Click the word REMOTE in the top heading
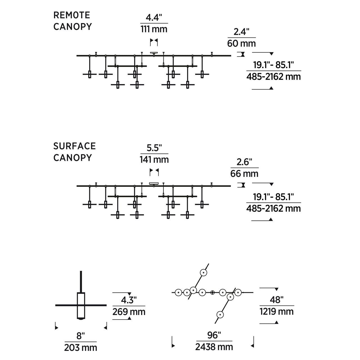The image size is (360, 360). (x=72, y=15)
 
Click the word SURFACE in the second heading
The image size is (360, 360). (x=75, y=146)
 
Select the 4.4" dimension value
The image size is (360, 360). (x=154, y=18)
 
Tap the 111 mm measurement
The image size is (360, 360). (x=154, y=29)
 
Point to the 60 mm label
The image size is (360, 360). (x=242, y=43)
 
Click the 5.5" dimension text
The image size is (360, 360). (x=154, y=148)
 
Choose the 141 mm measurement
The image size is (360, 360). (x=154, y=159)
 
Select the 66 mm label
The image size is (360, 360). (x=244, y=174)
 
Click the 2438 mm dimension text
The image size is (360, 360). (x=214, y=347)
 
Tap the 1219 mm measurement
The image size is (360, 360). (x=277, y=312)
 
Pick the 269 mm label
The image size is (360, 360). (x=129, y=312)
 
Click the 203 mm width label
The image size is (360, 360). (x=80, y=348)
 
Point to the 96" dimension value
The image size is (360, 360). (x=214, y=335)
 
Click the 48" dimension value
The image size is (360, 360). (x=276, y=300)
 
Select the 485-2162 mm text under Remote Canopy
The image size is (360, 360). (x=273, y=76)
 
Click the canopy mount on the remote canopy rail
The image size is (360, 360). (x=154, y=53)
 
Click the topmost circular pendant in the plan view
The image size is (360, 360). (x=203, y=273)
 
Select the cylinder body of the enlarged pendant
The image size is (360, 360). (x=81, y=306)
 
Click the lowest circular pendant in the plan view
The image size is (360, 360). (x=220, y=315)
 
